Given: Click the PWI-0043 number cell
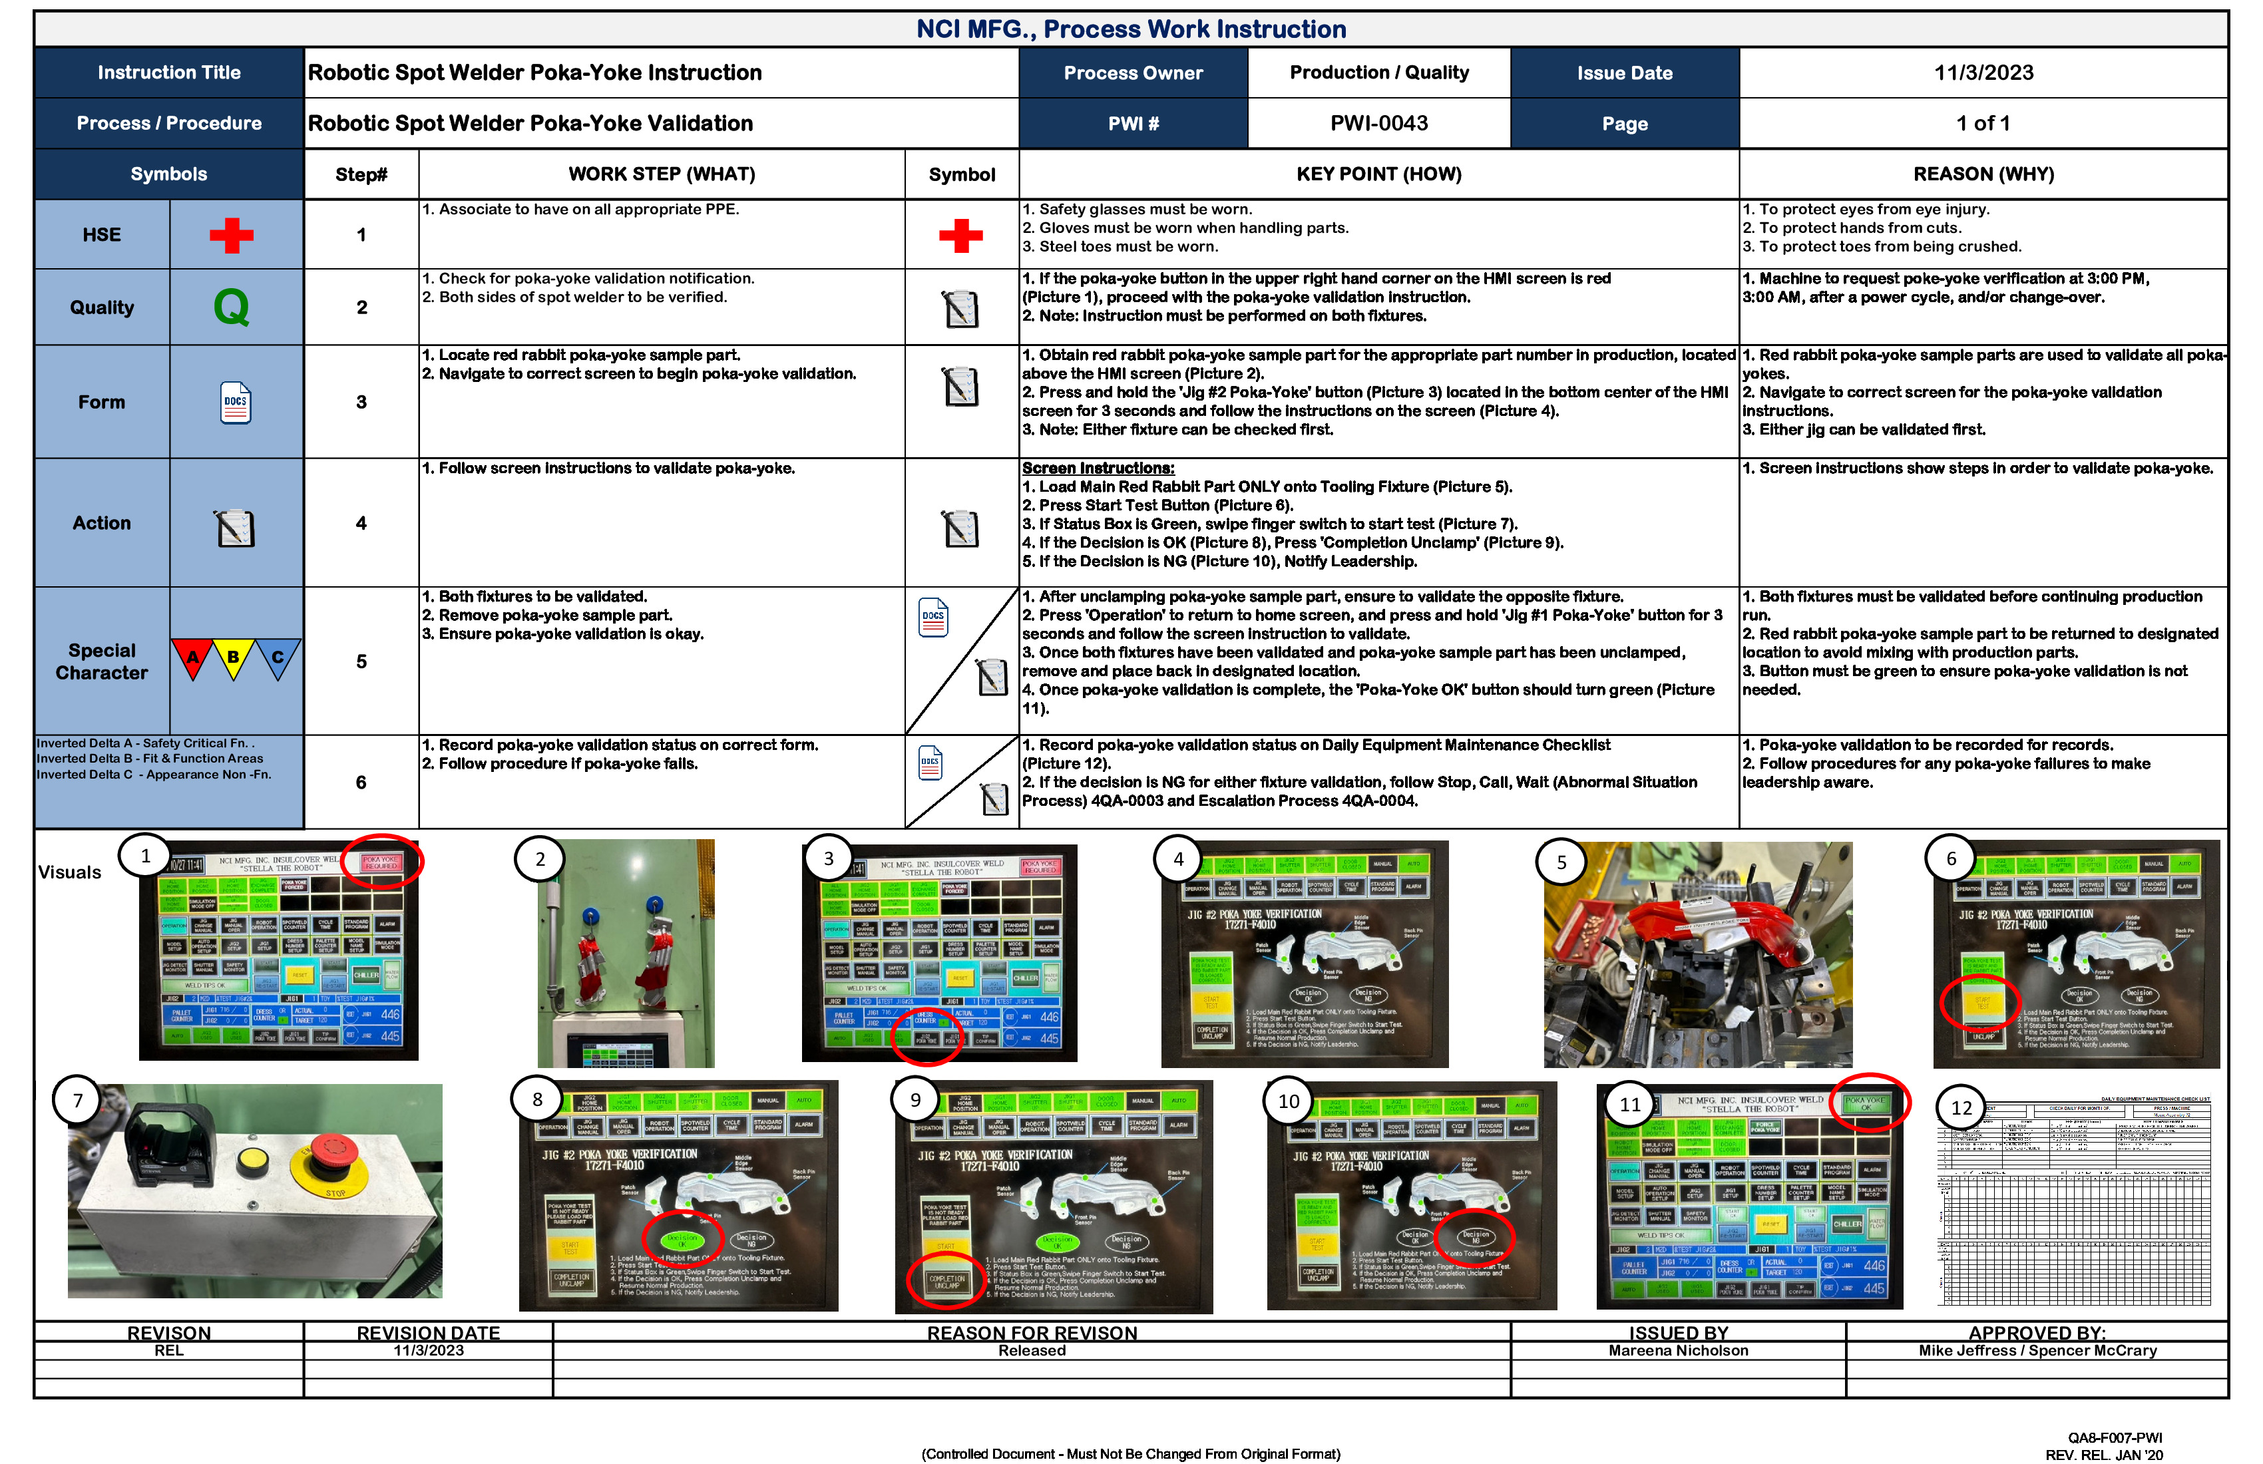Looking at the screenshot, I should click(x=1378, y=124).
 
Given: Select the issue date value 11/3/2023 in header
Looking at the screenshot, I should click(x=1983, y=73).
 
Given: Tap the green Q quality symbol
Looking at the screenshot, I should click(x=231, y=307).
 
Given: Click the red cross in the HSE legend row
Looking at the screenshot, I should click(x=231, y=235).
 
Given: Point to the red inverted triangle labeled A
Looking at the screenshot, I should click(x=193, y=658).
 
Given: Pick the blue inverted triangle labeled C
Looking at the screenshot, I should click(x=278, y=658).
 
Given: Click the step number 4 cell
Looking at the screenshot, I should click(x=361, y=523).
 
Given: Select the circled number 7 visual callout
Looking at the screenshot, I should click(x=78, y=1101).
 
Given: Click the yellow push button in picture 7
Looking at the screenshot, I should click(x=252, y=1161).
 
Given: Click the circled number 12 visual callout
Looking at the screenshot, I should click(x=1961, y=1107).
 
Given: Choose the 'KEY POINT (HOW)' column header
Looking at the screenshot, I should click(x=1378, y=174).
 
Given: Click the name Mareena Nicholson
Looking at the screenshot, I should click(x=1677, y=1351).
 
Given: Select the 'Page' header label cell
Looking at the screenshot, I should click(x=1624, y=124).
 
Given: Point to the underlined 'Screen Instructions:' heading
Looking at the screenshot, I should click(x=1098, y=468).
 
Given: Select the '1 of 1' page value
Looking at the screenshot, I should click(x=1983, y=124).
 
